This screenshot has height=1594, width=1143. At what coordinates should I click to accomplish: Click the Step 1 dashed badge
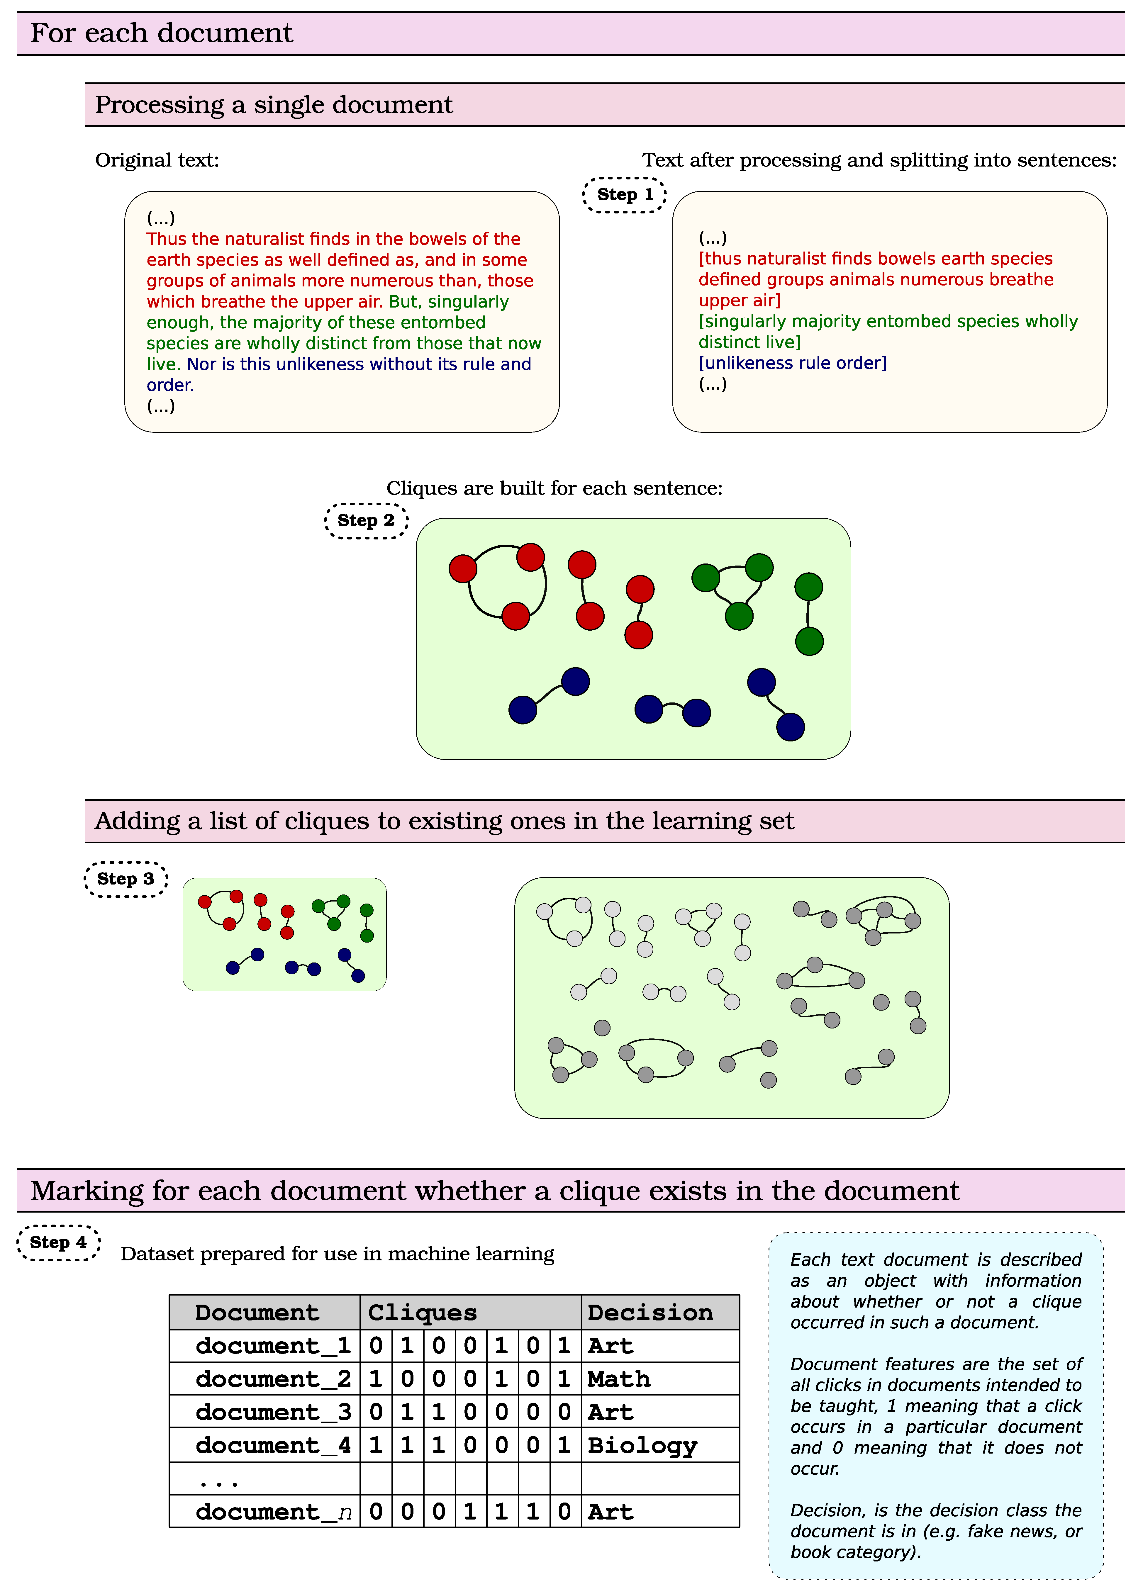point(624,195)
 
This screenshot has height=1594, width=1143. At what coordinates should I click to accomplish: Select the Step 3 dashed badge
point(126,879)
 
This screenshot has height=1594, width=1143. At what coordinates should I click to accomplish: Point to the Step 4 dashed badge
point(58,1242)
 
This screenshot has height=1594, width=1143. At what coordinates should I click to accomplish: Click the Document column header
point(257,1312)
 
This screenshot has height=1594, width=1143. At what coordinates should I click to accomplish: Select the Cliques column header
point(423,1312)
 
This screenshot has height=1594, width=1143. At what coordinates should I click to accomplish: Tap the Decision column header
point(650,1312)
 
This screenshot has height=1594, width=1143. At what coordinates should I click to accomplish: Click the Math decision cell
point(619,1379)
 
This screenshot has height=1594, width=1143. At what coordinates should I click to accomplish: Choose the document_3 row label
point(273,1412)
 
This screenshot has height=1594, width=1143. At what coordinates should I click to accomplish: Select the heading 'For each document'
point(162,33)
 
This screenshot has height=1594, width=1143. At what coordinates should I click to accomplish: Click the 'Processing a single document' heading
point(274,105)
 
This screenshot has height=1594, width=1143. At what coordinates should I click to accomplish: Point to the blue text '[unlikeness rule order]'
point(792,363)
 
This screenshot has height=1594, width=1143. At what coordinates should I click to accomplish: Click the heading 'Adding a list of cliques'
point(444,821)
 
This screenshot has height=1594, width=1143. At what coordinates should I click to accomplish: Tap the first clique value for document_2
point(376,1379)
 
